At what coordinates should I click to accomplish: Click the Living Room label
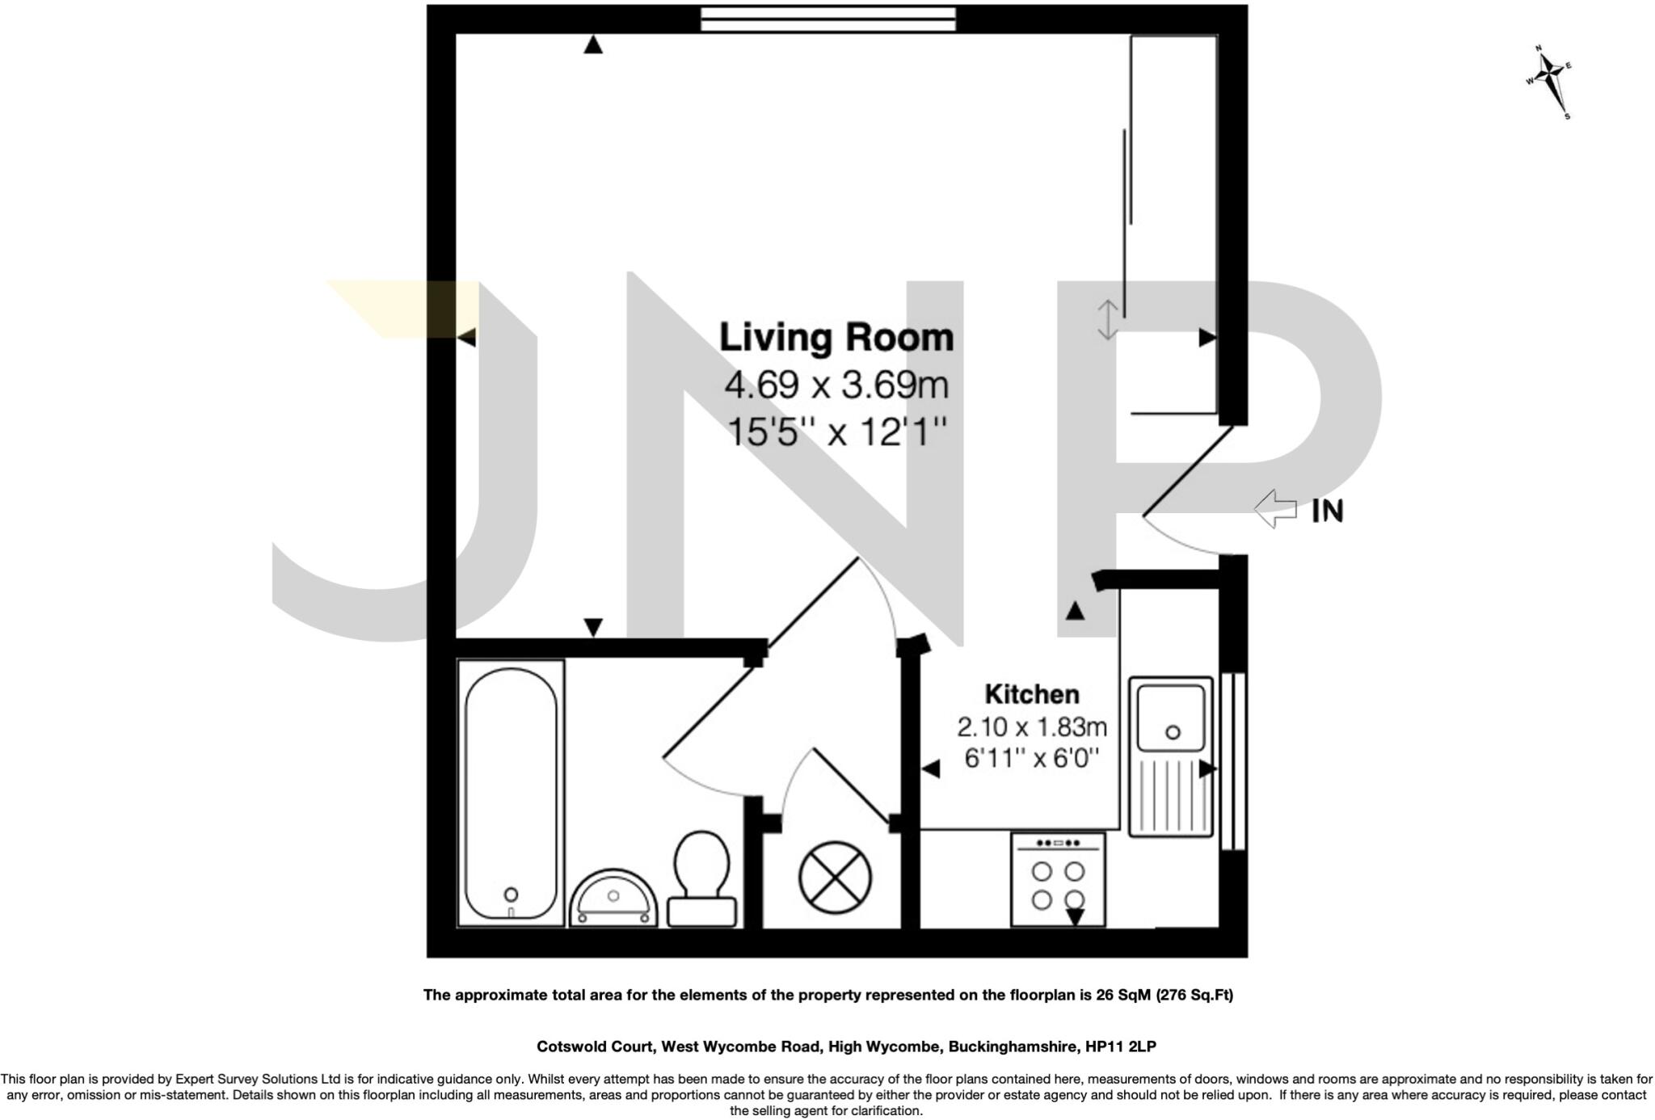836,338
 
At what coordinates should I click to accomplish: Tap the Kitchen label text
1032,694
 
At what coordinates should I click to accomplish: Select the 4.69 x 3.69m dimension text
836,385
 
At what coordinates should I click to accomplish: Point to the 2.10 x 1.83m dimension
1032,727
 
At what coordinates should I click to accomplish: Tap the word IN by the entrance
1327,511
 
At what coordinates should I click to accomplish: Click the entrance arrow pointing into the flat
1275,509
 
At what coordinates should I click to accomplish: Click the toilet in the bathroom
701,879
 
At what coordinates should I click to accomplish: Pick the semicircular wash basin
613,898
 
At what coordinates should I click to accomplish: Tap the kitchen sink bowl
1171,718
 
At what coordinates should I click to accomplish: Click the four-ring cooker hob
1058,880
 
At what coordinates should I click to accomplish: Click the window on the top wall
828,19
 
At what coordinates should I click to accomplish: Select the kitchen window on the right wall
1233,760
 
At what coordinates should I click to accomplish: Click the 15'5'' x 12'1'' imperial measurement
836,432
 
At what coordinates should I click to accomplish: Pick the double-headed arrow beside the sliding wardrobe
1107,319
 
